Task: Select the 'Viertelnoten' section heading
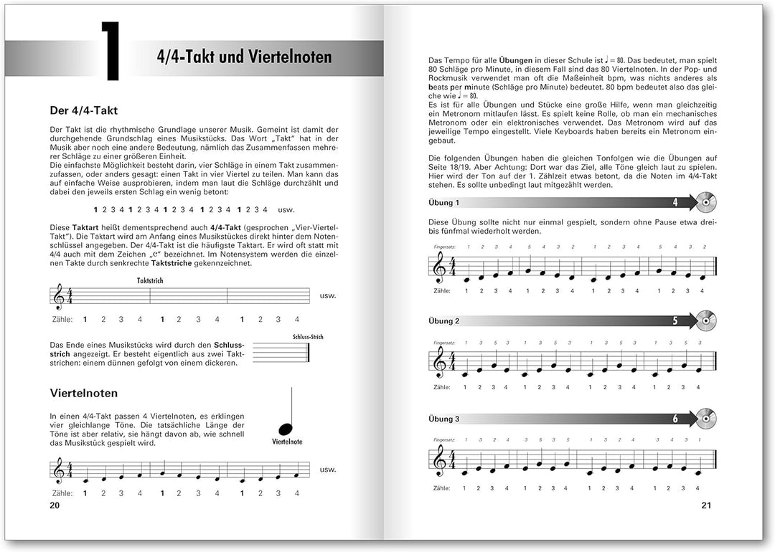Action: (x=84, y=393)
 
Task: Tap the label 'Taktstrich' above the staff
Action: (x=149, y=280)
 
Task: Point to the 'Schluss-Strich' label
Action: (x=308, y=336)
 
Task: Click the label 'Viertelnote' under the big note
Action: (x=287, y=442)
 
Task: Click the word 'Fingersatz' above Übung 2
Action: (x=444, y=343)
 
